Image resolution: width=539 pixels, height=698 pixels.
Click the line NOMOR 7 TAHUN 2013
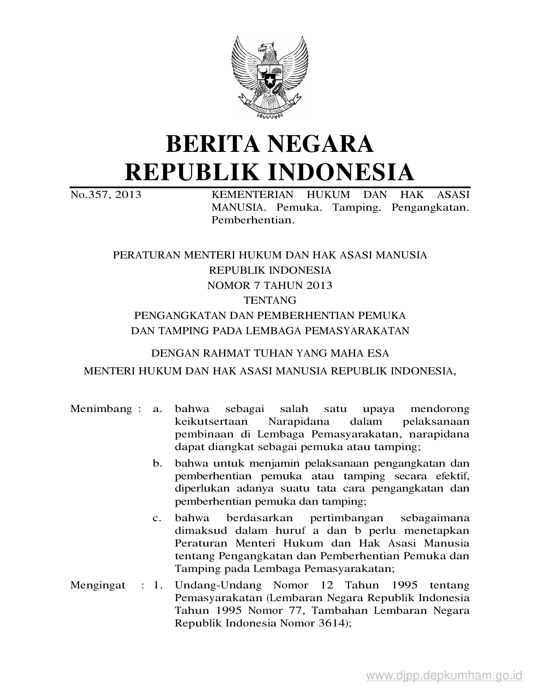point(270,285)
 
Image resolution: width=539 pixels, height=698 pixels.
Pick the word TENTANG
point(270,300)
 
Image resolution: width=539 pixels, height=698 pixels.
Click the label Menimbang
point(101,409)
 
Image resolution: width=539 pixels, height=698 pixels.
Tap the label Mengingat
point(98,585)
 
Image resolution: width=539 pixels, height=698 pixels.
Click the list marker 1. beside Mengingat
point(158,585)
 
